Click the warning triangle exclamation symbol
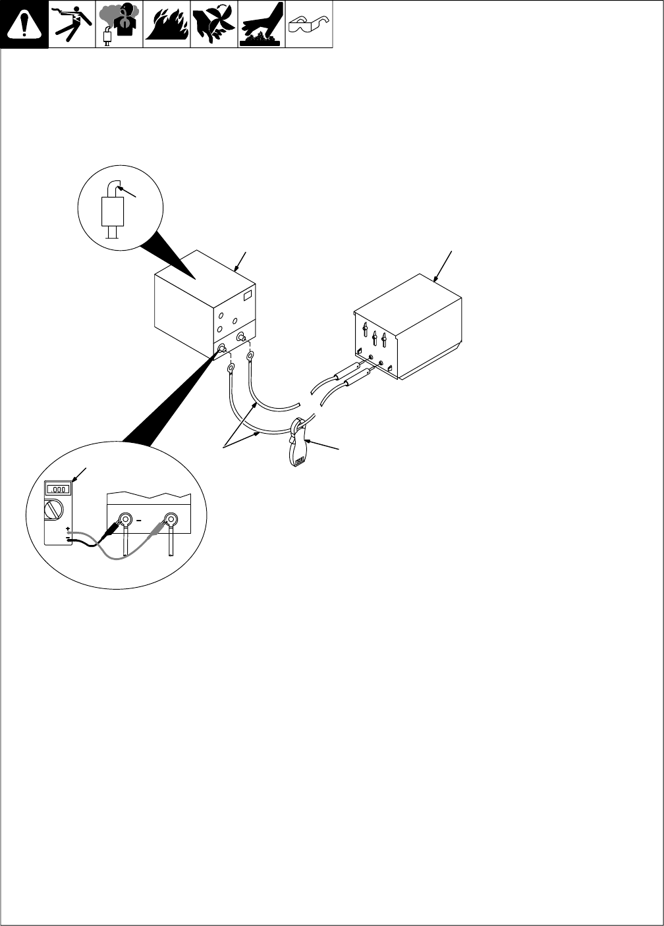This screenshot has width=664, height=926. click(x=24, y=24)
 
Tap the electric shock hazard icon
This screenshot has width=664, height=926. click(x=71, y=24)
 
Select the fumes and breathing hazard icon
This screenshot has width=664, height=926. click(x=119, y=24)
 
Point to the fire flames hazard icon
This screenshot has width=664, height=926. click(x=166, y=24)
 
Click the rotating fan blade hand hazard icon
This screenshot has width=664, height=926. click(x=213, y=24)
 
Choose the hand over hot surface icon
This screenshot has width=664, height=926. click(x=261, y=24)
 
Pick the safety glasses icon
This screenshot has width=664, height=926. click(x=308, y=24)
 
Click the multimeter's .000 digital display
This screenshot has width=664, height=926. click(x=57, y=489)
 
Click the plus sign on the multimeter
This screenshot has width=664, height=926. click(x=68, y=528)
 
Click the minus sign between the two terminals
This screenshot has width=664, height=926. click(x=140, y=520)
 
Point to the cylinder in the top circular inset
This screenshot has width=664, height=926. click(x=113, y=211)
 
